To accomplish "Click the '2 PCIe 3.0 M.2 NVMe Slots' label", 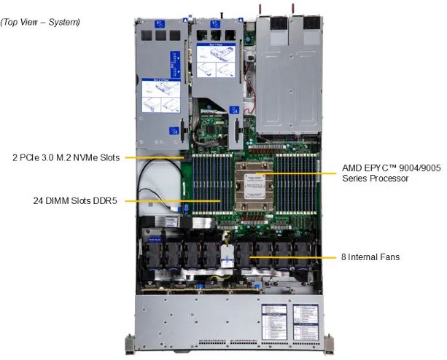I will (66, 157).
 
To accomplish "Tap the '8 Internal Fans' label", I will (370, 257).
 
